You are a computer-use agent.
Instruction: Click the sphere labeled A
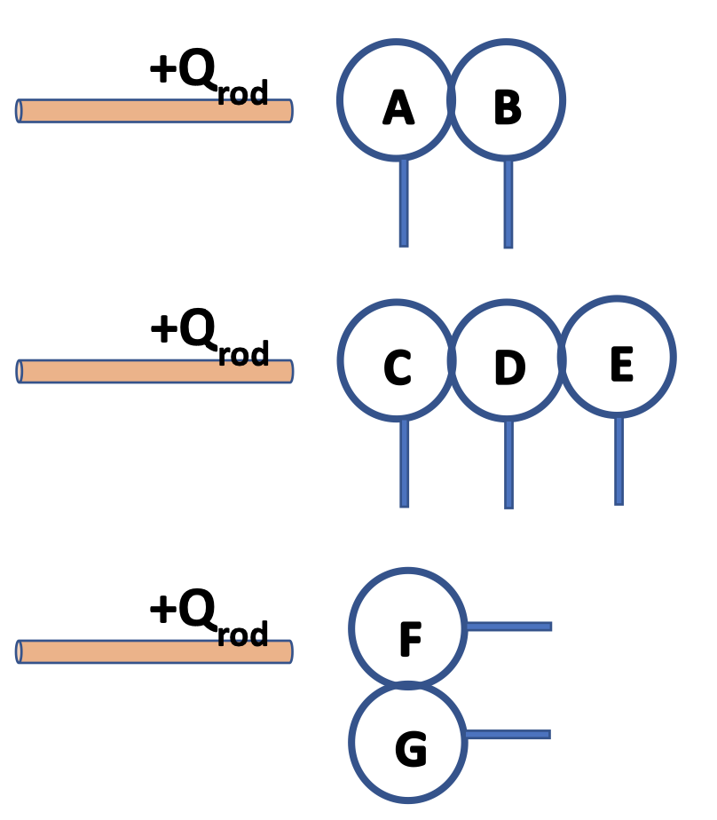397,99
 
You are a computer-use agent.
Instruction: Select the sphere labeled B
506,99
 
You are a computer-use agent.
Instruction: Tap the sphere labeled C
397,360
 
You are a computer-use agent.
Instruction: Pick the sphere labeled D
508,360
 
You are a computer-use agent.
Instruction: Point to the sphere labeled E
618,357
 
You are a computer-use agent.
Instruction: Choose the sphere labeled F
408,628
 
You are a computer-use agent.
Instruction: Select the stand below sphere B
508,203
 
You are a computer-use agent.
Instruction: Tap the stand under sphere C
404,462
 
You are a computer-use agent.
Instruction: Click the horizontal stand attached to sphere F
508,627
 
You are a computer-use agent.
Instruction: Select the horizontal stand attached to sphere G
507,734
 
